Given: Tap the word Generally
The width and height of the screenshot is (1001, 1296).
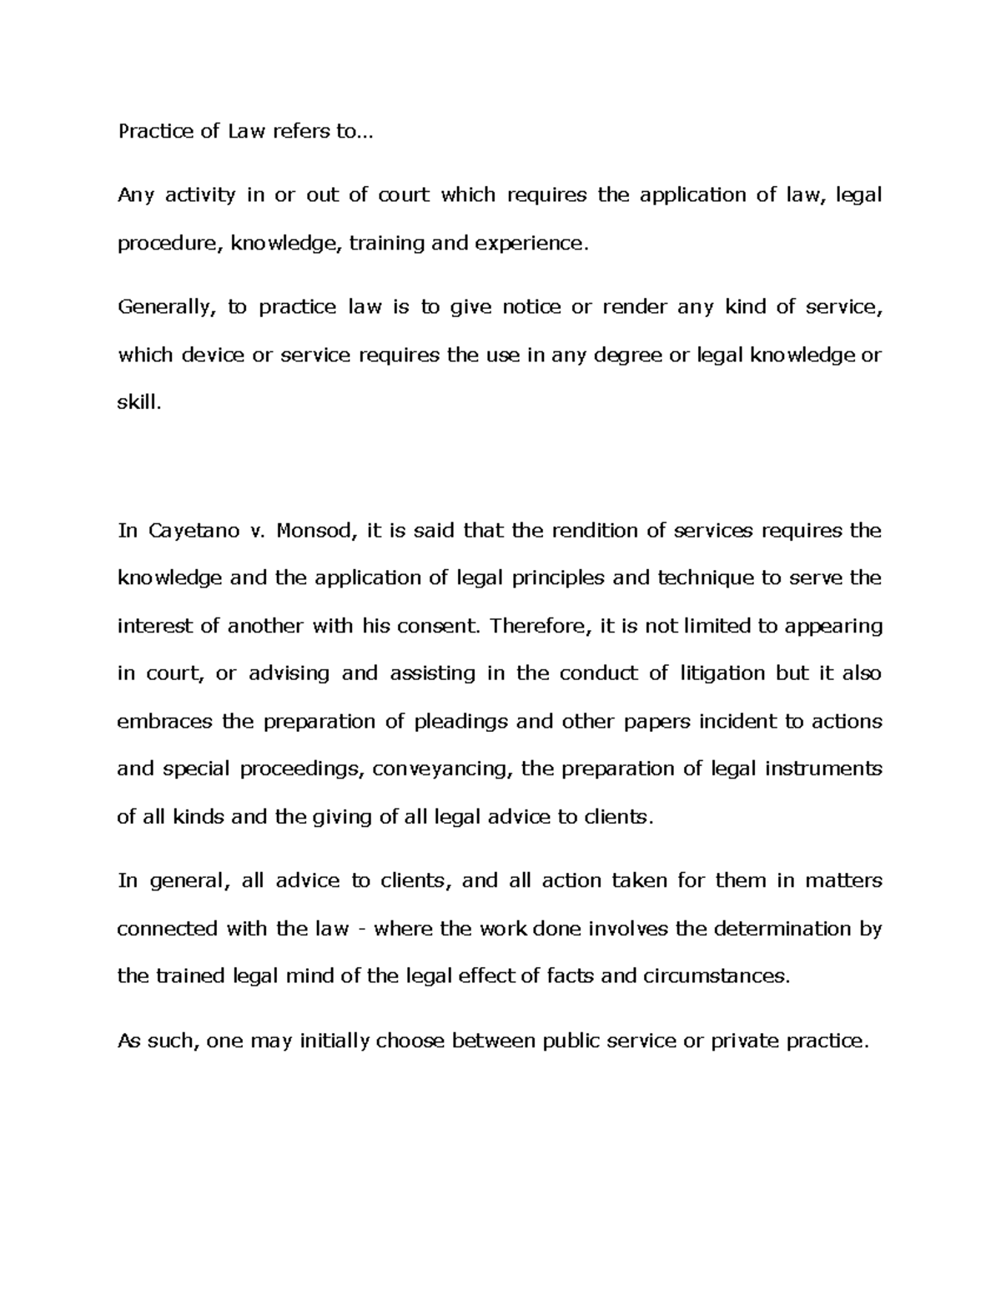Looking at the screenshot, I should [167, 308].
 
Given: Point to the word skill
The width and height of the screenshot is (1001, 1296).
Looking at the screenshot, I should [137, 403].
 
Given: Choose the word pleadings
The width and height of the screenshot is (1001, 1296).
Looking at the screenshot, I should [460, 721].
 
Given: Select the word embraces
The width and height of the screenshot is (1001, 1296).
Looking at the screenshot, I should [164, 721].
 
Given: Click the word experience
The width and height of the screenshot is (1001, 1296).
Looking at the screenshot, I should [531, 244].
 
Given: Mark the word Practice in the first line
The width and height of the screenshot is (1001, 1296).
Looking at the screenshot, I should [153, 132].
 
